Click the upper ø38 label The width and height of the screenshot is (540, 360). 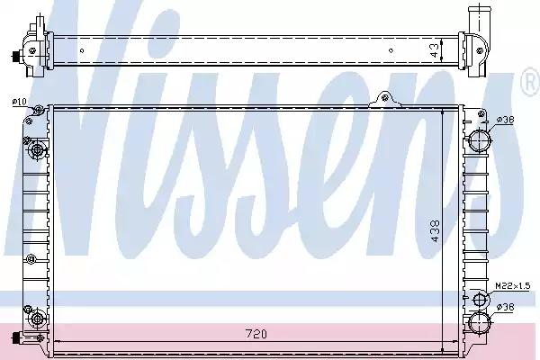pyautogui.click(x=507, y=120)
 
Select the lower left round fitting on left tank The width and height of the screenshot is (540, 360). pyautogui.click(x=36, y=320)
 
